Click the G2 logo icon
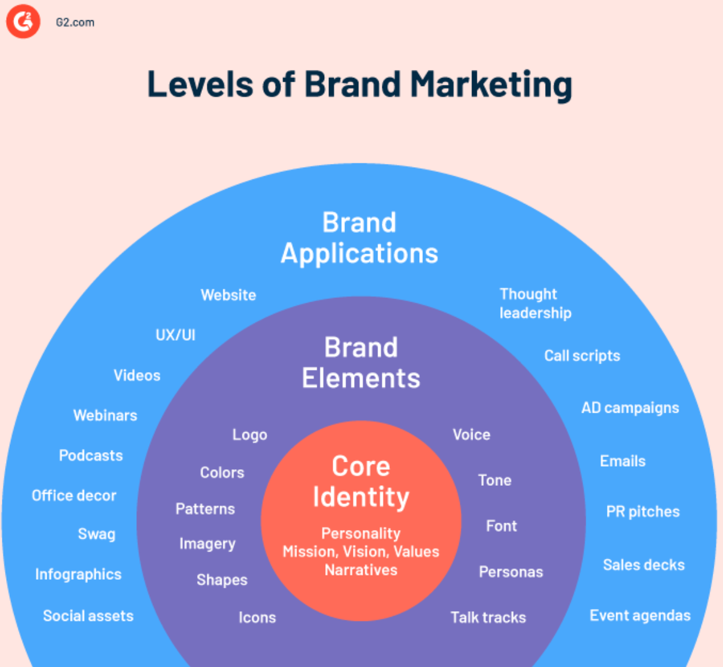click(x=23, y=21)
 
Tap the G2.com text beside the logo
click(x=75, y=23)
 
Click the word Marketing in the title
click(x=491, y=85)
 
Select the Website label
click(x=228, y=295)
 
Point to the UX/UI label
click(x=176, y=335)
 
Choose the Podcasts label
click(x=91, y=456)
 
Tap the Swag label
click(x=96, y=534)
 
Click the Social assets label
click(x=88, y=616)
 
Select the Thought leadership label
click(x=535, y=303)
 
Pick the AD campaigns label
click(x=630, y=408)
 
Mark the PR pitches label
click(x=643, y=512)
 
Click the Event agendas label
click(x=640, y=615)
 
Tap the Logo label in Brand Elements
click(x=250, y=435)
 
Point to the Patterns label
click(x=205, y=509)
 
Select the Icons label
click(x=257, y=617)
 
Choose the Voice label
click(x=471, y=435)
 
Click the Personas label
click(x=511, y=572)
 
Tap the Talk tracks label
click(x=489, y=617)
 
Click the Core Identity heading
click(x=361, y=482)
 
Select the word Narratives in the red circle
click(x=361, y=570)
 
